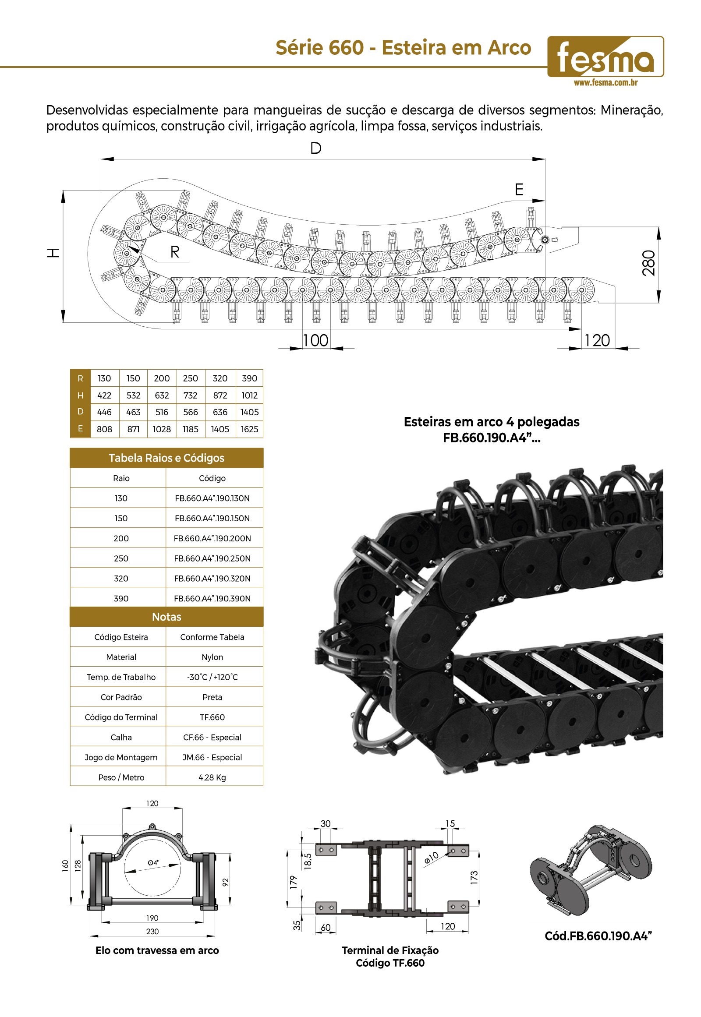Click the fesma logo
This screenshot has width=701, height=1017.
coord(605,56)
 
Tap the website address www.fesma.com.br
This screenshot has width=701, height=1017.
coord(605,82)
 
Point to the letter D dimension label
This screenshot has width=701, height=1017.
coord(316,148)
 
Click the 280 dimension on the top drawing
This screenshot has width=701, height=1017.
coord(649,263)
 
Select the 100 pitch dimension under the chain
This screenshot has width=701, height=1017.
coord(316,340)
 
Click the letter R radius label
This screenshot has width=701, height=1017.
coord(175,252)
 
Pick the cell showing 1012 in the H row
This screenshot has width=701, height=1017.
coord(249,395)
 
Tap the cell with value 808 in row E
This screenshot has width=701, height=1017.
coord(105,429)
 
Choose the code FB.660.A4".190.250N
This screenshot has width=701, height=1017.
coord(212,558)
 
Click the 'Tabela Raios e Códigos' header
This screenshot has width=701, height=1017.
coord(166,458)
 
